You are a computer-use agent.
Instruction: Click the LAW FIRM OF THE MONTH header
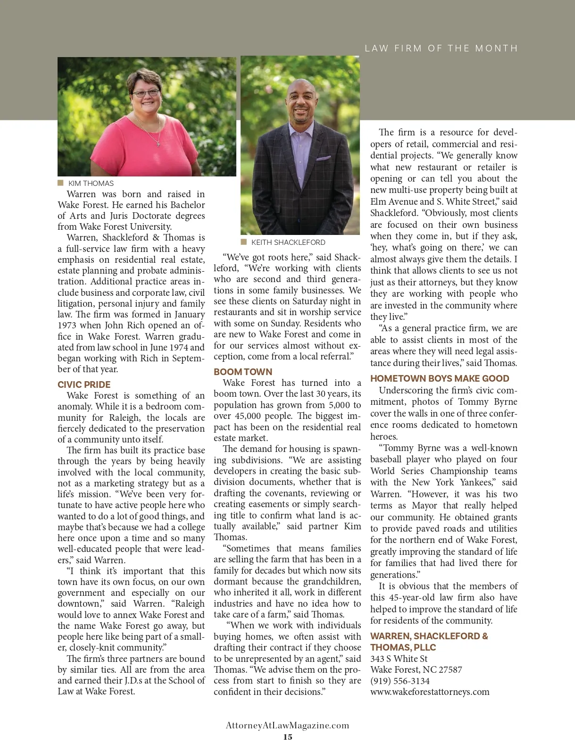[441, 48]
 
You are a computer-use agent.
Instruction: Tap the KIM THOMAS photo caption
[91, 183]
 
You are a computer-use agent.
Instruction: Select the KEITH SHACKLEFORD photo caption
[288, 242]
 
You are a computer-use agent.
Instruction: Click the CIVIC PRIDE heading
[84, 384]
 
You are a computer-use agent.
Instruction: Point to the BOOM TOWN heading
[243, 372]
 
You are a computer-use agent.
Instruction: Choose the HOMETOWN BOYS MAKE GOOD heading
[440, 378]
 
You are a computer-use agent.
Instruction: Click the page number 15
[288, 737]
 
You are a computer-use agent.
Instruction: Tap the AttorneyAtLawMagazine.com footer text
[288, 726]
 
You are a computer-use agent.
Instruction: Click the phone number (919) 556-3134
[400, 681]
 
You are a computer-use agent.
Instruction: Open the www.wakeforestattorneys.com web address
[430, 692]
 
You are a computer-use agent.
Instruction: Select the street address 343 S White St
[399, 659]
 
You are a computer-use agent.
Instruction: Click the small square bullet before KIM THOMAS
[60, 183]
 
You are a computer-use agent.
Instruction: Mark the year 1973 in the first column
[67, 326]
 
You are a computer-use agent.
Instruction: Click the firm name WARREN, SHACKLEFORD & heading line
[429, 636]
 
